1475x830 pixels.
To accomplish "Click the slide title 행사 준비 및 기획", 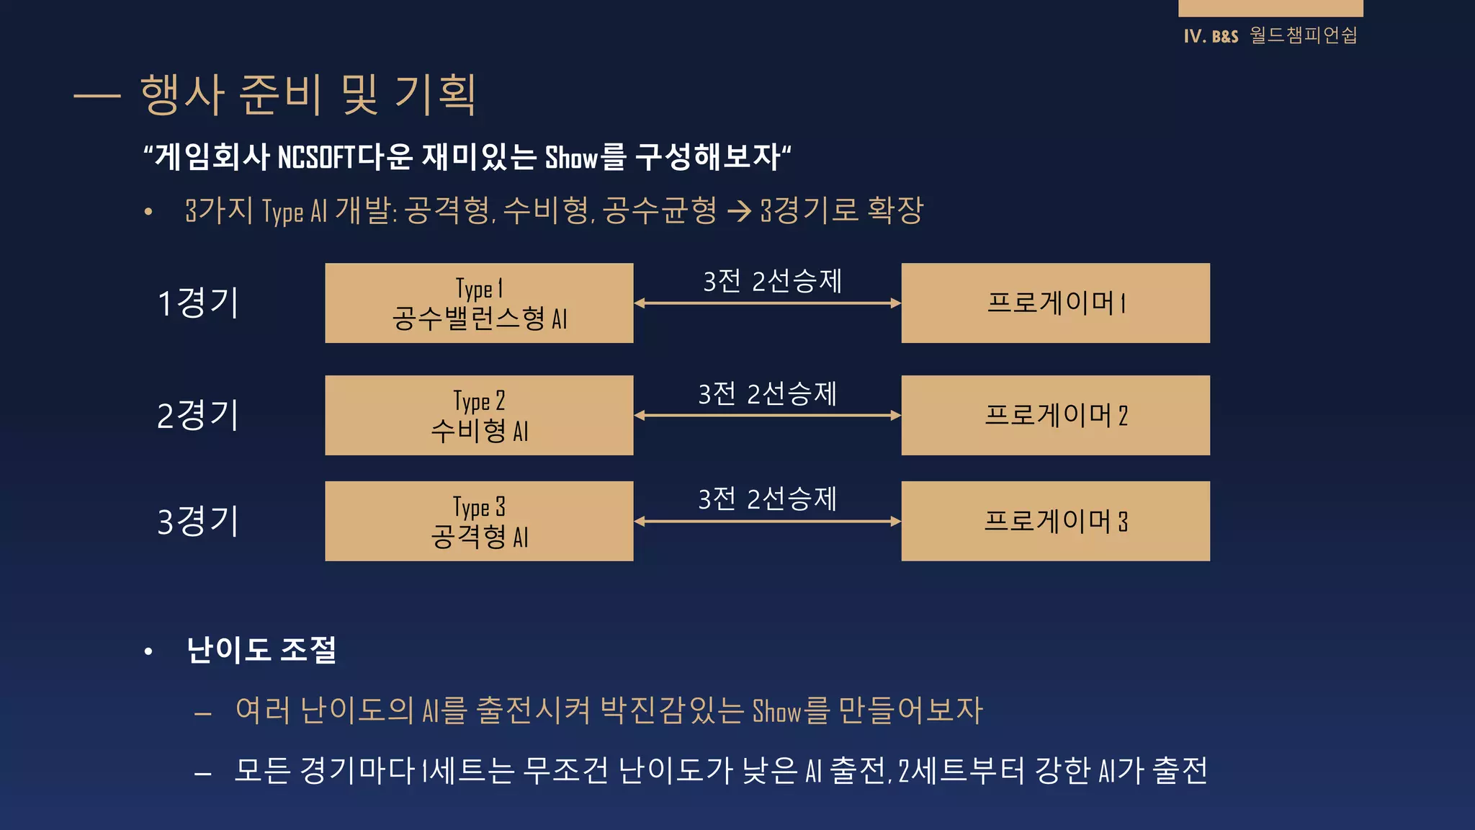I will click(x=308, y=94).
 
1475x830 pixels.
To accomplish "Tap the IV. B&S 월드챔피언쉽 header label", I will click(x=1270, y=35).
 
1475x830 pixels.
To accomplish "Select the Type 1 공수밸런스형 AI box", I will click(x=479, y=303).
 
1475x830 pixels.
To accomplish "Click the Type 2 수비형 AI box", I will click(x=479, y=415).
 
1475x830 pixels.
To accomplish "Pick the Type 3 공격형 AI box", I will click(x=479, y=521).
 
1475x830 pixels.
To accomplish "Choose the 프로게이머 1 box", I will click(x=1055, y=303).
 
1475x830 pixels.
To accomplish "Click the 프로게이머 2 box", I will click(x=1055, y=415).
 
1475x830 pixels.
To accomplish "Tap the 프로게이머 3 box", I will click(x=1055, y=521).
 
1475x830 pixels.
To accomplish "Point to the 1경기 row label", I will click(x=198, y=303).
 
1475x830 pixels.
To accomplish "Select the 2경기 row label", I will click(x=198, y=415).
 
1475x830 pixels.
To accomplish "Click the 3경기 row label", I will click(x=198, y=521).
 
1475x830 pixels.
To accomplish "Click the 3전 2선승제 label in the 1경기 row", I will click(x=772, y=281).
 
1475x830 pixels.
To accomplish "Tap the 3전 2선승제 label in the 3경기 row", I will click(x=767, y=499).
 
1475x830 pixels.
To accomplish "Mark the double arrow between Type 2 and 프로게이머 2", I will click(x=767, y=416).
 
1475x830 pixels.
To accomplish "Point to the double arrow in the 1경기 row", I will click(x=767, y=303).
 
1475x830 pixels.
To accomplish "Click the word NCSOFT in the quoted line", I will click(x=316, y=157).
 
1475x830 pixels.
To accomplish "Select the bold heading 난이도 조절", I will click(x=261, y=650).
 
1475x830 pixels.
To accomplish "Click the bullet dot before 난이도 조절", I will click(x=148, y=651).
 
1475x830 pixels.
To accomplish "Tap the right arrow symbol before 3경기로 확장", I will click(x=739, y=211).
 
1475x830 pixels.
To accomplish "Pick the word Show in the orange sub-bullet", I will click(x=776, y=711).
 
